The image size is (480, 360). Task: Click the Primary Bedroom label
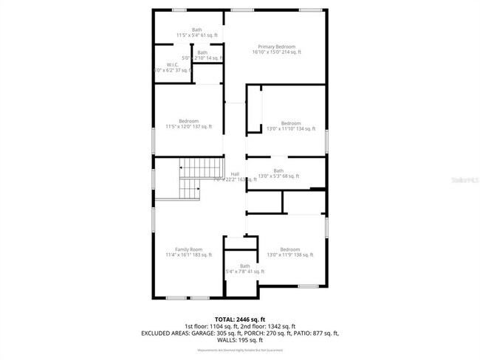[275, 46]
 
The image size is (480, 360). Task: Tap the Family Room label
[188, 249]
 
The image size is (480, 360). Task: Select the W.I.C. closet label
[173, 65]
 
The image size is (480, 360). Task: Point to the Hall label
[235, 174]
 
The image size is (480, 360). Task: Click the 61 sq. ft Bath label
[196, 30]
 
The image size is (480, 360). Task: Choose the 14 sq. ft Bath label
[202, 52]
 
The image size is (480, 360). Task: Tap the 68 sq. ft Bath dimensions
[278, 177]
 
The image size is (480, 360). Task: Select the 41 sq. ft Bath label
[244, 266]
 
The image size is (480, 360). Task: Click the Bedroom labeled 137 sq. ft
[188, 121]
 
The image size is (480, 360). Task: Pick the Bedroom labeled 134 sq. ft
[291, 123]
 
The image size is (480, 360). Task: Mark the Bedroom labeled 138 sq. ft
[290, 249]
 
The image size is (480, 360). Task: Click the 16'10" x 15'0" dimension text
[275, 52]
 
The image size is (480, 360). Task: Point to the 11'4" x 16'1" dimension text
[188, 255]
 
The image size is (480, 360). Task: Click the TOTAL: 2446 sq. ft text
[239, 319]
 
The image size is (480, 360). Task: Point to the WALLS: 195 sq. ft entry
[239, 341]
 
